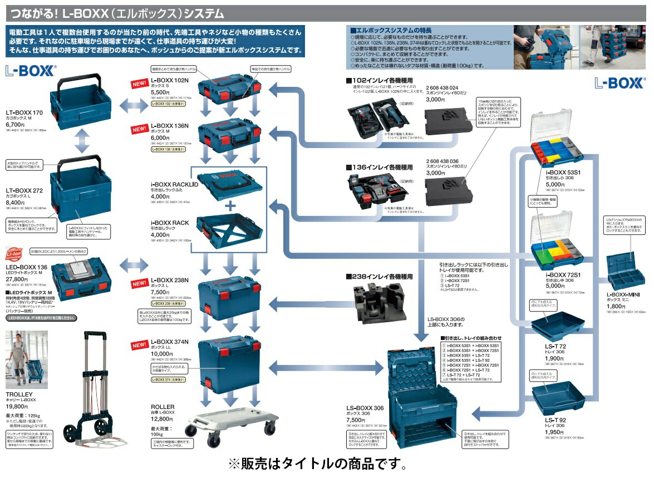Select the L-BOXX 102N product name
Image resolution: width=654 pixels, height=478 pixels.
tap(170, 81)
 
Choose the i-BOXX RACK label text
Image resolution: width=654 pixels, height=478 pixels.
tap(170, 223)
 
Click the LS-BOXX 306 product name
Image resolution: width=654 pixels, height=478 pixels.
tap(365, 408)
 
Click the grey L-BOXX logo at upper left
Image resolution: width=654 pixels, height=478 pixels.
tap(30, 71)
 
